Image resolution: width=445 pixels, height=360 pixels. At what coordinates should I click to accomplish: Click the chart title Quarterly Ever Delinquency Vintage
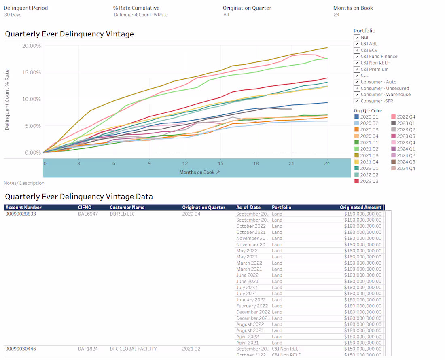coord(69,34)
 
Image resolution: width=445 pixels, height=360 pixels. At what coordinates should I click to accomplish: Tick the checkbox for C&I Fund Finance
coord(356,57)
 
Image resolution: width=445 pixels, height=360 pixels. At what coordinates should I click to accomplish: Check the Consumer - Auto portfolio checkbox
coord(356,82)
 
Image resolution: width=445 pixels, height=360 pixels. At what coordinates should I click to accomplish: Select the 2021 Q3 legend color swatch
coord(356,156)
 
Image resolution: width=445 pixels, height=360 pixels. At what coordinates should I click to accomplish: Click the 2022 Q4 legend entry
coord(406,117)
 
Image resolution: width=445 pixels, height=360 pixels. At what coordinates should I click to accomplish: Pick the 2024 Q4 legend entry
coord(406,169)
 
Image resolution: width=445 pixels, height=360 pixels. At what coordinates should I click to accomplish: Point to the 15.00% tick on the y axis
coord(31,72)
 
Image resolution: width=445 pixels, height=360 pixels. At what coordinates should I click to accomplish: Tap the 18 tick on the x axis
coord(256,163)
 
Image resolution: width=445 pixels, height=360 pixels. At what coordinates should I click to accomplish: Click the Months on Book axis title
coord(197,172)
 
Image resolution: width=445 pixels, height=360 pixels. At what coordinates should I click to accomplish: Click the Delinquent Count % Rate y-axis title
coord(7,100)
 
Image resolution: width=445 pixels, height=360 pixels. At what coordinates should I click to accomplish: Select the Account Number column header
coord(23,208)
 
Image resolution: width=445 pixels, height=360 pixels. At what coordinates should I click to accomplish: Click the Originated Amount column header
coord(360,208)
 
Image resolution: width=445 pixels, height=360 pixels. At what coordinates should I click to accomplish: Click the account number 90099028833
coord(21,214)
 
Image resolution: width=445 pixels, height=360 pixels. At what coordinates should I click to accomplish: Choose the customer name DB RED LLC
coord(122,214)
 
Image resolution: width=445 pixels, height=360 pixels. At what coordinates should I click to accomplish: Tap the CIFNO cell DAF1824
coord(88,349)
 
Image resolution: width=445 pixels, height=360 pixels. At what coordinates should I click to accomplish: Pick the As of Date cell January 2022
coord(251,300)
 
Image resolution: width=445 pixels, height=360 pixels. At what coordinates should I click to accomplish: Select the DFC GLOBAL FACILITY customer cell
coord(133,349)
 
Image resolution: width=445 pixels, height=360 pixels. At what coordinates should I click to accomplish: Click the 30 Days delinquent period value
coord(13,15)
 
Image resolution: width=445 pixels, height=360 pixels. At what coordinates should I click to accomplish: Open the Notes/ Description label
coord(24,183)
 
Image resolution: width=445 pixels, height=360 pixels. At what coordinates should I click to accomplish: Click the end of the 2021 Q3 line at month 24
coord(327,48)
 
